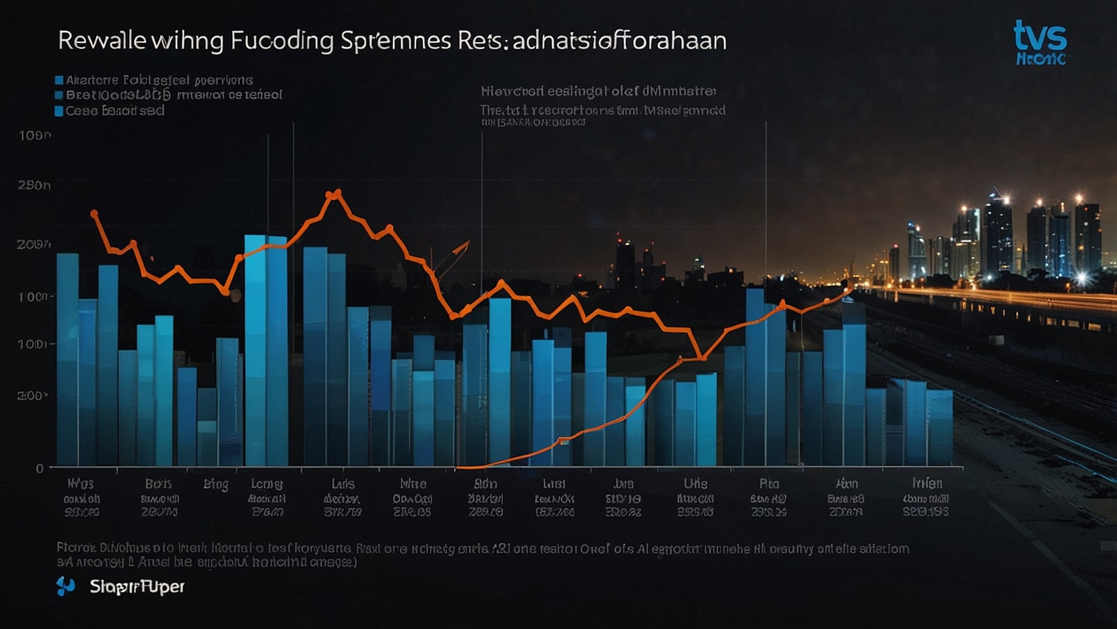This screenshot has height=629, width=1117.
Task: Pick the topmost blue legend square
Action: tap(59, 80)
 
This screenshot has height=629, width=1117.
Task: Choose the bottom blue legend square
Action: tap(59, 111)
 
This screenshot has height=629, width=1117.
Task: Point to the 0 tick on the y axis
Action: tap(40, 468)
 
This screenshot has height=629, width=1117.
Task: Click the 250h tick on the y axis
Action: tap(34, 185)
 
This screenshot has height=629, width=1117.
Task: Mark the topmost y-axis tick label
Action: tap(34, 135)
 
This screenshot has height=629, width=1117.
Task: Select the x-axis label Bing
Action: tap(215, 484)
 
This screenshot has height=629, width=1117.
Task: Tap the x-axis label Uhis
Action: tap(695, 484)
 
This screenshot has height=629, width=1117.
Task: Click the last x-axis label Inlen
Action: tap(927, 483)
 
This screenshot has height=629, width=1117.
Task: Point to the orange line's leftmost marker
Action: tap(94, 213)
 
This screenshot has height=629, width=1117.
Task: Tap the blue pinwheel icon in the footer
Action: tap(65, 586)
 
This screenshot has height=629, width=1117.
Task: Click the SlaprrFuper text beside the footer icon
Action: tap(137, 586)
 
